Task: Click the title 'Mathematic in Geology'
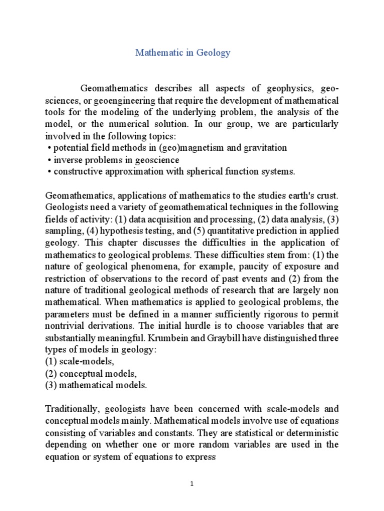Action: click(182, 53)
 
